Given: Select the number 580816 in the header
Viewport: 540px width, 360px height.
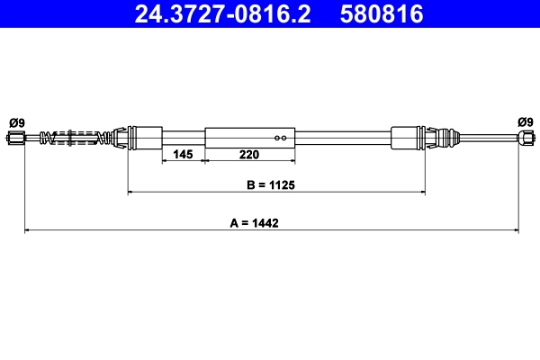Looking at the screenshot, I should point(381,13).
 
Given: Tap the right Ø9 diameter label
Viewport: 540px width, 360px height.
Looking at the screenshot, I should point(525,121).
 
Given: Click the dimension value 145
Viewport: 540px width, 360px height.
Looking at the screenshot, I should point(183,155).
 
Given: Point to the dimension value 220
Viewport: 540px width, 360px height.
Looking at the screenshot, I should point(251,155).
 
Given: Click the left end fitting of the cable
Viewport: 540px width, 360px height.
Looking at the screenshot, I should point(16,138).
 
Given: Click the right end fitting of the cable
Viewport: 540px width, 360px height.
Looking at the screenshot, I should point(525,138).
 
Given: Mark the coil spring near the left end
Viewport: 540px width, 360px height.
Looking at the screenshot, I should point(80,138).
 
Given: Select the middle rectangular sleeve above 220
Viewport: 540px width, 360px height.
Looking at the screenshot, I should point(250,138).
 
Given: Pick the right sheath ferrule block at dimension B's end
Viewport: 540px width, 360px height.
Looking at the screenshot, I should point(407,138).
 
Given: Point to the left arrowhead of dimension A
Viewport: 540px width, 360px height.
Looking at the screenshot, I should point(27,231).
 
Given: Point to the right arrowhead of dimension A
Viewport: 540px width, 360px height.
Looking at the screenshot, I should point(514,231).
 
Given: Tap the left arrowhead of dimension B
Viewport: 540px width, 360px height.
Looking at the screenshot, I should point(133,193).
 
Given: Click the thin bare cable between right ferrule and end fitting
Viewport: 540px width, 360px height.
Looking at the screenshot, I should point(486,138).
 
